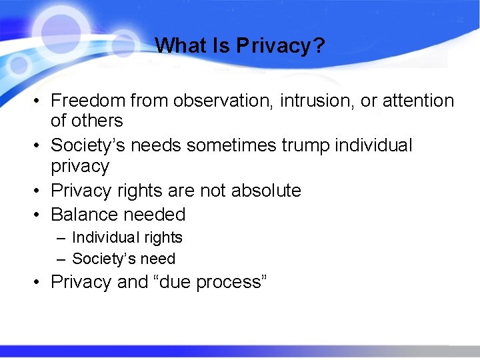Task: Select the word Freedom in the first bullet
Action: pyautogui.click(x=88, y=101)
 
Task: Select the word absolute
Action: pyautogui.click(x=266, y=191)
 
